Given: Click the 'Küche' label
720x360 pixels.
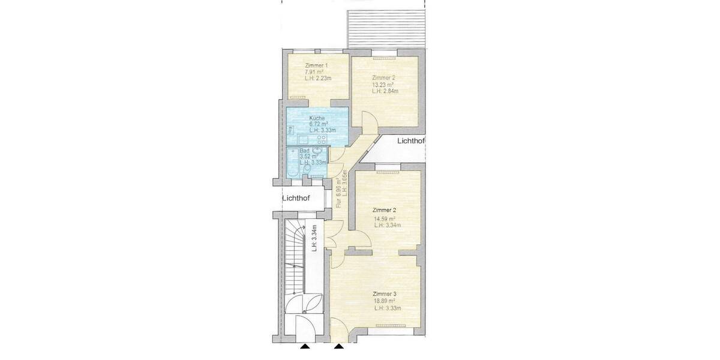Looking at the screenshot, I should coord(317,118).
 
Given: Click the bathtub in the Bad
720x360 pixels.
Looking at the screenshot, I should coord(293,163).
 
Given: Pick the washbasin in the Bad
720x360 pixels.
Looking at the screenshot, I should coord(319,152).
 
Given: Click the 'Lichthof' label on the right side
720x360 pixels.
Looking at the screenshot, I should coord(411,142).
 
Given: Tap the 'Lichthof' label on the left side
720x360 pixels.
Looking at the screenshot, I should coord(296,198).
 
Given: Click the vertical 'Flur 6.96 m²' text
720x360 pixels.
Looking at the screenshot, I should coord(339,192).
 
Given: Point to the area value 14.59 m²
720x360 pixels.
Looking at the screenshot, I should coord(385,218).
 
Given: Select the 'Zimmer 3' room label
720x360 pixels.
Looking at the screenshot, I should coord(384,294).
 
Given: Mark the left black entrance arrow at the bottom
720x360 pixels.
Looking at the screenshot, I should coord(305,346).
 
